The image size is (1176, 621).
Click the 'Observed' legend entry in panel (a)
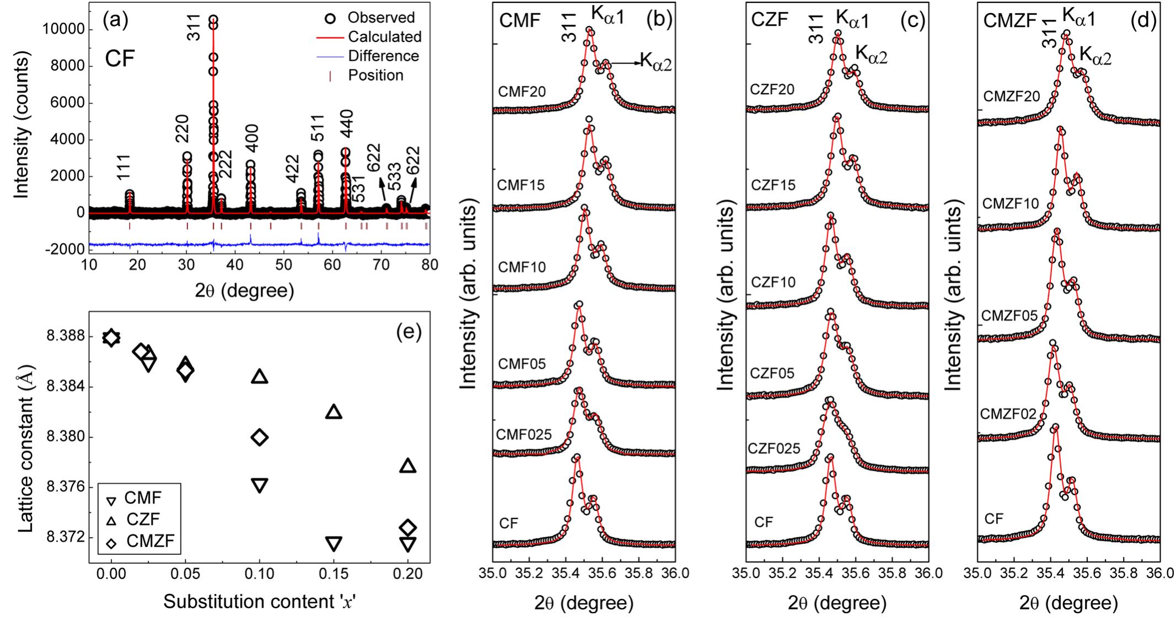[x=380, y=18]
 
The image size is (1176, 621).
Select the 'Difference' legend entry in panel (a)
[x=383, y=56]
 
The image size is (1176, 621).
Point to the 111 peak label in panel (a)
[x=126, y=165]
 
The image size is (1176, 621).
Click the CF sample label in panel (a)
[x=120, y=58]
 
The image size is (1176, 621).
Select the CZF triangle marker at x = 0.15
[x=334, y=412]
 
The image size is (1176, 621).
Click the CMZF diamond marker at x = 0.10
[x=260, y=438]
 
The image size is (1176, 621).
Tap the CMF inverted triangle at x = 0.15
[x=334, y=544]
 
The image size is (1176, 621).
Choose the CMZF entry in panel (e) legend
[x=150, y=542]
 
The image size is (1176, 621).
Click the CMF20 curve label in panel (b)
[x=522, y=91]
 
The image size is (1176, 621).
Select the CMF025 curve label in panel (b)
[x=524, y=435]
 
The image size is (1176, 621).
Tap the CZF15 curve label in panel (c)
[x=773, y=185]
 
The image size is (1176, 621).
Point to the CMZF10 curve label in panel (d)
[x=1011, y=204]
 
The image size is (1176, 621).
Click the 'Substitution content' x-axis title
[x=259, y=602]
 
